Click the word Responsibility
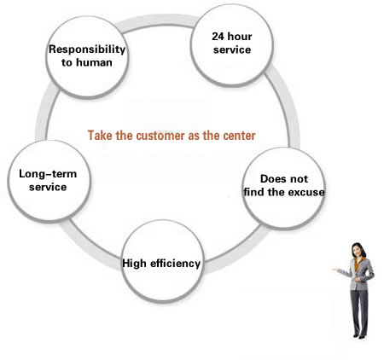pyautogui.click(x=87, y=49)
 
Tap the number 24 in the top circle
pyautogui.click(x=218, y=37)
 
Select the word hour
pyautogui.click(x=240, y=37)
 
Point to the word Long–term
pyautogui.click(x=48, y=174)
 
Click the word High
pyautogui.click(x=134, y=264)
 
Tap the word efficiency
pyautogui.click(x=175, y=264)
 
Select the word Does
pyautogui.click(x=271, y=179)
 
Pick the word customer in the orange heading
pyautogui.click(x=160, y=136)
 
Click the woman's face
pyautogui.click(x=356, y=251)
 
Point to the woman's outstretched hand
pyautogui.click(x=335, y=270)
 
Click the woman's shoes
pyautogui.click(x=359, y=336)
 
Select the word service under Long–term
pyautogui.click(x=48, y=187)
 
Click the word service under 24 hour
pyautogui.click(x=232, y=49)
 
